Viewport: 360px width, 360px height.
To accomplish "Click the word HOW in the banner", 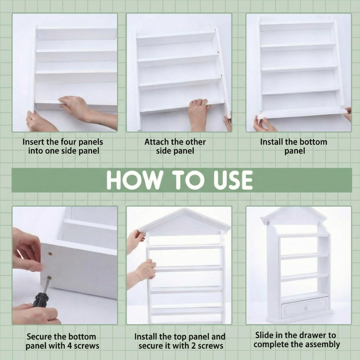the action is coord(133,180).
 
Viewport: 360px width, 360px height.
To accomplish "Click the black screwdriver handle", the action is coord(41,298).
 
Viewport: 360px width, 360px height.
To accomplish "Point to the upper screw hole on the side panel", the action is coord(50,253).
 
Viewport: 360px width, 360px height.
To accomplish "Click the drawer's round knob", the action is coord(306,307).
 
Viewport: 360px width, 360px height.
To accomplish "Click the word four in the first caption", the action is coord(69,142).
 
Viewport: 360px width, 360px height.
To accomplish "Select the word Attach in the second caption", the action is coord(157,142).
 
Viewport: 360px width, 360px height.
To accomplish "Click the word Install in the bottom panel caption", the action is coord(271,142).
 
